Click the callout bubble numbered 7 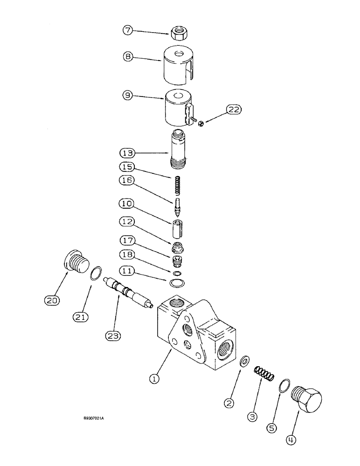click(128, 30)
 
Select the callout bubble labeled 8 click(129, 56)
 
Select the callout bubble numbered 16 click(128, 180)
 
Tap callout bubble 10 click(128, 204)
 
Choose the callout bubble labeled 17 click(128, 241)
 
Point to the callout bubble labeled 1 click(155, 379)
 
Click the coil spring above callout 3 click(264, 374)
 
